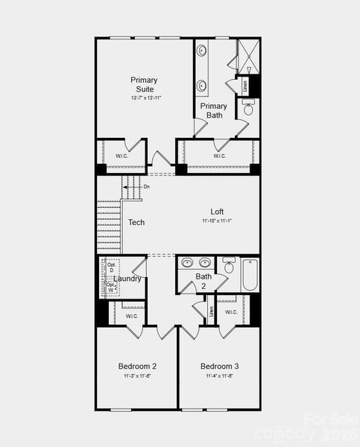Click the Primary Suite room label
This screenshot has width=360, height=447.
143,84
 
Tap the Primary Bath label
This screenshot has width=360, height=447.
214,110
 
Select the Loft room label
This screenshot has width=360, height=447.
217,212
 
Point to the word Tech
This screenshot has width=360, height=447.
136,223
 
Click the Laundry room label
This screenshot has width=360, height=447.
127,279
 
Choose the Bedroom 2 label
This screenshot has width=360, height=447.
137,367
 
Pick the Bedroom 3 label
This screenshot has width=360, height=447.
220,367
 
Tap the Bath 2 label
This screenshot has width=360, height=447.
203,281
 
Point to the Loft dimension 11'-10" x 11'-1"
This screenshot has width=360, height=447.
217,221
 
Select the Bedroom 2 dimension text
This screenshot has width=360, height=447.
137,376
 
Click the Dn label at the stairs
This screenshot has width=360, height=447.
146,186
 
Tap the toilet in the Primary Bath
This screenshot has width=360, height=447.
248,109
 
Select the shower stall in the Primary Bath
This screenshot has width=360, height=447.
247,55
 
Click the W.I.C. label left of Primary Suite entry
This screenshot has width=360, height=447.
121,156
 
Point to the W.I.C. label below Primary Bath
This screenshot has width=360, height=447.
219,156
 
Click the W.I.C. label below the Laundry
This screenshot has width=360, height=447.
132,317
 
